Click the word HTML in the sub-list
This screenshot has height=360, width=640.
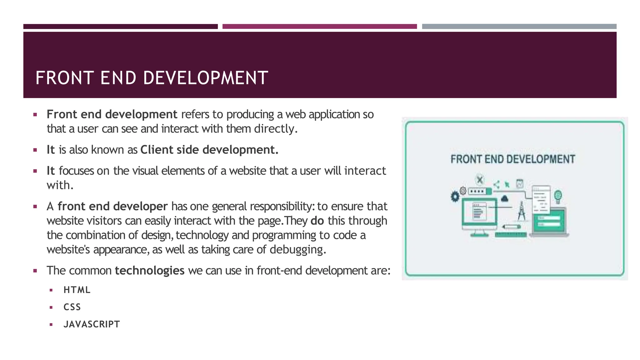pyautogui.click(x=77, y=290)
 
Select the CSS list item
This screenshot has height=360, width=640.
pyautogui.click(x=72, y=307)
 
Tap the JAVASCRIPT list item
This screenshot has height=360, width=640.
pyautogui.click(x=92, y=324)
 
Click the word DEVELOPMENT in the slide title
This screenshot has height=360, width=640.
pyautogui.click(x=206, y=78)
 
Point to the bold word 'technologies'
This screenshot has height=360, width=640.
pyautogui.click(x=150, y=270)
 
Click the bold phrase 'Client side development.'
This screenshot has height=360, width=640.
pyautogui.click(x=209, y=150)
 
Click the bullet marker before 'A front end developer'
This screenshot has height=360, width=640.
pyautogui.click(x=35, y=207)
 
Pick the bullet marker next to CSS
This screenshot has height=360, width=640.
pyautogui.click(x=51, y=307)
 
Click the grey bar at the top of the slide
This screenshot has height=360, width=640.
pyautogui.click(x=519, y=27)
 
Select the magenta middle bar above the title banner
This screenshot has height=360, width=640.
pyautogui.click(x=319, y=27)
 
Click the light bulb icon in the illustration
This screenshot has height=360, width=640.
pyautogui.click(x=558, y=196)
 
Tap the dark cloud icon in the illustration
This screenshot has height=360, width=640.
pyautogui.click(x=504, y=199)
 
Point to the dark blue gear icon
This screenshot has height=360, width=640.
pyautogui.click(x=455, y=197)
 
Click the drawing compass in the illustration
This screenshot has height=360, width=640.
pyautogui.click(x=521, y=212)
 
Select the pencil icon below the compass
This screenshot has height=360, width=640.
pyautogui.click(x=511, y=226)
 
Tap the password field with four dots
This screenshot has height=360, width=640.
pyautogui.click(x=477, y=191)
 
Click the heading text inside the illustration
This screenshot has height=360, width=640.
pyautogui.click(x=512, y=159)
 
